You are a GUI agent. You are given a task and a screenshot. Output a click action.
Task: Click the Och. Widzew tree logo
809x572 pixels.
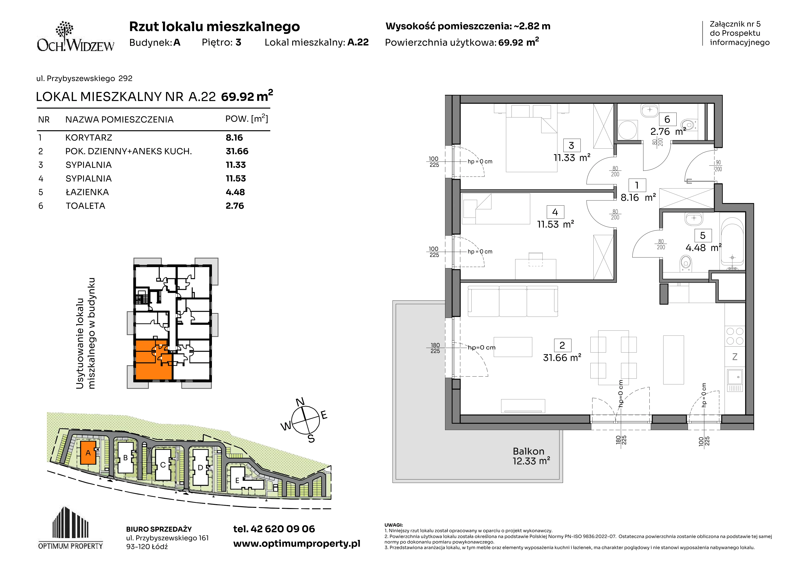pyautogui.click(x=75, y=37)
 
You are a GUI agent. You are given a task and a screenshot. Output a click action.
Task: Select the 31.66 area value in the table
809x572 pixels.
pyautogui.click(x=237, y=151)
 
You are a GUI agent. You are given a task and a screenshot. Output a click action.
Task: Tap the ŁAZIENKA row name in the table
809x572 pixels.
pyautogui.click(x=87, y=192)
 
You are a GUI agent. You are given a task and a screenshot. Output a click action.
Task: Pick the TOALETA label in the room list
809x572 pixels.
pyautogui.click(x=85, y=206)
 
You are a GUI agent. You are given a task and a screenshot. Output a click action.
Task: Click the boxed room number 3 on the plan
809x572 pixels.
pyautogui.click(x=571, y=145)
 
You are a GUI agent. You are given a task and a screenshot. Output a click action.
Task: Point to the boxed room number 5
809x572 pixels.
pyautogui.click(x=703, y=235)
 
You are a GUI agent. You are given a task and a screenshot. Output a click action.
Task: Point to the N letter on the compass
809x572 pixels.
pyautogui.click(x=300, y=402)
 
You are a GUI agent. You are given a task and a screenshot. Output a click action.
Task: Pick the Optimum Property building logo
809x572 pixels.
pyautogui.click(x=71, y=528)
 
